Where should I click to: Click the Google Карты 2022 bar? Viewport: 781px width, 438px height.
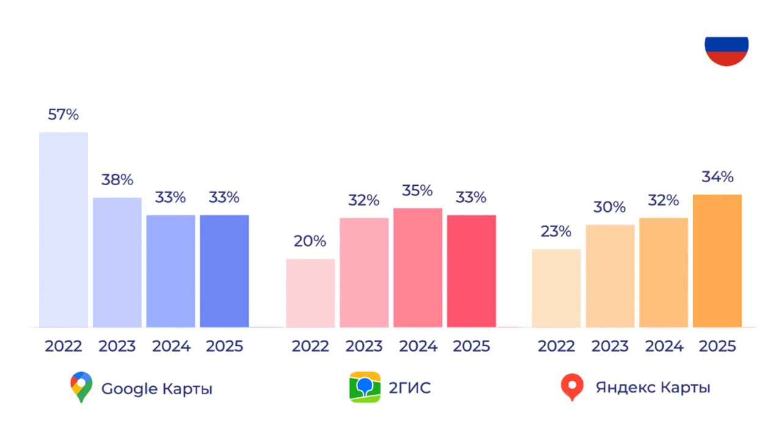[63, 230]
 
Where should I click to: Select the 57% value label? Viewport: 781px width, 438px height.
[63, 115]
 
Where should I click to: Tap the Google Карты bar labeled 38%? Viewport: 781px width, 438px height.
[117, 263]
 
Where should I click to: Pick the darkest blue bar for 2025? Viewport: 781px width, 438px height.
[225, 271]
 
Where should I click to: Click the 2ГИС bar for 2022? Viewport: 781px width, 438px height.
[311, 293]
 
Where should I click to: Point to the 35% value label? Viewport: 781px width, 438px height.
[417, 191]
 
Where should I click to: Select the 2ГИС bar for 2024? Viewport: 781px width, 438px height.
[418, 268]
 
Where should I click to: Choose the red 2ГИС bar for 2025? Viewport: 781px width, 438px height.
[472, 271]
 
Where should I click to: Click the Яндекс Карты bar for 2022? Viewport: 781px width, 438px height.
[556, 288]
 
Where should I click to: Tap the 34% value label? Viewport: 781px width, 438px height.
[718, 177]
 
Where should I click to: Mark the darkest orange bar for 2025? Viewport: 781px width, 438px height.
[718, 261]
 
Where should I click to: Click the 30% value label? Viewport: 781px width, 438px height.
[610, 207]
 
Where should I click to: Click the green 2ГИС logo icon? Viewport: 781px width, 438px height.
[365, 387]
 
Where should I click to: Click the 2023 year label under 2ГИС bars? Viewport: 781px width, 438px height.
[364, 346]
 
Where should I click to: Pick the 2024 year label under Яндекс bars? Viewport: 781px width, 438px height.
[664, 346]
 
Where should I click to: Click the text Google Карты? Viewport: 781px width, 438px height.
[157, 389]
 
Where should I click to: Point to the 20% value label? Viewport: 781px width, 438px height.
[310, 241]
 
